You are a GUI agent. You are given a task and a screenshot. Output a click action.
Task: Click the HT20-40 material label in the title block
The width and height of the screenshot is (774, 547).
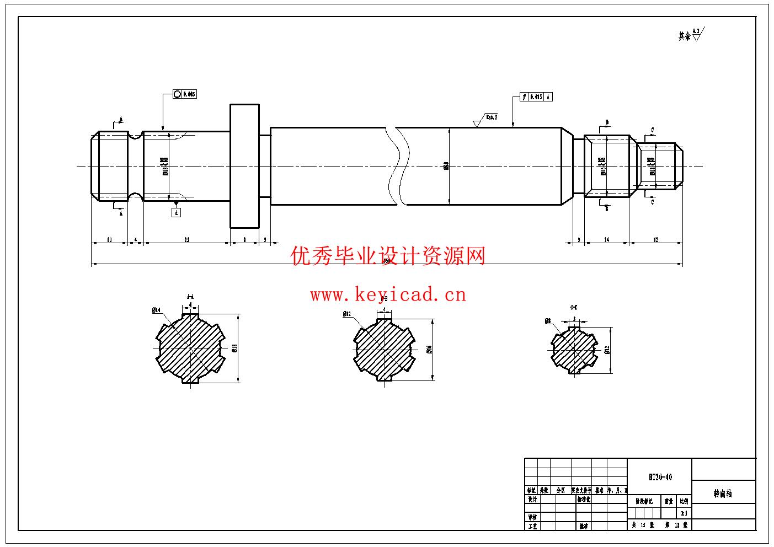pyautogui.click(x=660, y=477)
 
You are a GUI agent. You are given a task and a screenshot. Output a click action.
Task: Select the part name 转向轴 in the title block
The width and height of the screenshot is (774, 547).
pyautogui.click(x=722, y=494)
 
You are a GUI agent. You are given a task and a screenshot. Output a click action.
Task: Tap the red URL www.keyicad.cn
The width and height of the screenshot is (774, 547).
pyautogui.click(x=388, y=295)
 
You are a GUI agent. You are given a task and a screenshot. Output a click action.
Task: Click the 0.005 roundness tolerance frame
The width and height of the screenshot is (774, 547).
pyautogui.click(x=184, y=94)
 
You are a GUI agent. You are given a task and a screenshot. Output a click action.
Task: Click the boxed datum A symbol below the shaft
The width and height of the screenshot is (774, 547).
pyautogui.click(x=177, y=212)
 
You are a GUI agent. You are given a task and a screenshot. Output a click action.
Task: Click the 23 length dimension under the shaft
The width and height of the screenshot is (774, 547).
pyautogui.click(x=186, y=240)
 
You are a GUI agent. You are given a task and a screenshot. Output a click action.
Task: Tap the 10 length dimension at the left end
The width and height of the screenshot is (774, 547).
pyautogui.click(x=109, y=240)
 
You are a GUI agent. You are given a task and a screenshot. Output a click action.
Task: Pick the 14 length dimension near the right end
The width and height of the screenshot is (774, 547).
pyautogui.click(x=607, y=240)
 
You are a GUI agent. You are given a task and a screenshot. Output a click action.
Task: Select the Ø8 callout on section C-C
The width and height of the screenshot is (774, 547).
pyautogui.click(x=547, y=321)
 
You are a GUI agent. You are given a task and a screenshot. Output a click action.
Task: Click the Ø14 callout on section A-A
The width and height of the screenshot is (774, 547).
pyautogui.click(x=156, y=310)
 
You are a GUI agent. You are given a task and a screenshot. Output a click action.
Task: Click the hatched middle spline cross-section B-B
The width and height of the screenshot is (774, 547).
pyautogui.click(x=383, y=349)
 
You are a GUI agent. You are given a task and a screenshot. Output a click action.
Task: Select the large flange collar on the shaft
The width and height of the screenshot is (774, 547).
pyautogui.click(x=244, y=165)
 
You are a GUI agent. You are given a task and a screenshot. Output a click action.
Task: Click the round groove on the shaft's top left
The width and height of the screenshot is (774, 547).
pyautogui.click(x=135, y=135)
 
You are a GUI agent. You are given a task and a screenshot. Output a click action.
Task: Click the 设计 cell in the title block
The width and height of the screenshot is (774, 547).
pyautogui.click(x=532, y=500)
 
